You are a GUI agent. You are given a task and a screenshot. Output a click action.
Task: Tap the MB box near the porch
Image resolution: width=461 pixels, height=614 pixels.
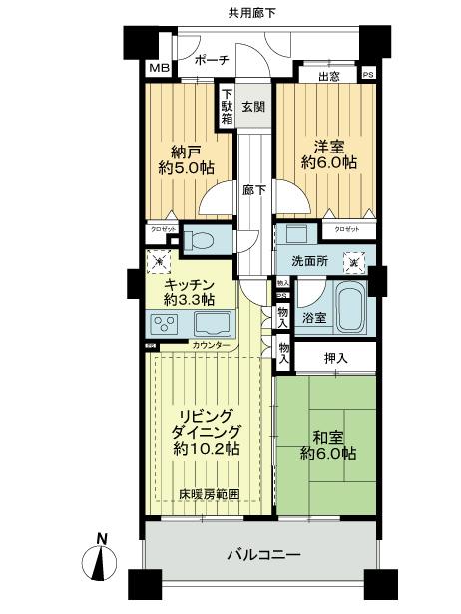click(x=158, y=69)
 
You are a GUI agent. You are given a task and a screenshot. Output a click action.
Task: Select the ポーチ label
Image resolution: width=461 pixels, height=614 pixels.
click(x=212, y=61)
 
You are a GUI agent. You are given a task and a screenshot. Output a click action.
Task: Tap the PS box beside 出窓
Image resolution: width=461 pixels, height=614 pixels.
click(x=368, y=74)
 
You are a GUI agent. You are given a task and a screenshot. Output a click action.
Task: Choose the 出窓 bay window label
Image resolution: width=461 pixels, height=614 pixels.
click(x=330, y=75)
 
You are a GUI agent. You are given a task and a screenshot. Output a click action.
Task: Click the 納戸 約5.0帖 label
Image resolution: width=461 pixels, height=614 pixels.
click(x=182, y=160)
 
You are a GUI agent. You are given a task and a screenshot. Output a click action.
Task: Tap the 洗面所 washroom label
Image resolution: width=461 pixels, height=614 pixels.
click(x=309, y=262)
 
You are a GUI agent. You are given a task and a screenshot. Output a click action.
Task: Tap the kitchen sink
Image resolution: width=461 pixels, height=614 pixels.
click(x=212, y=324)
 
